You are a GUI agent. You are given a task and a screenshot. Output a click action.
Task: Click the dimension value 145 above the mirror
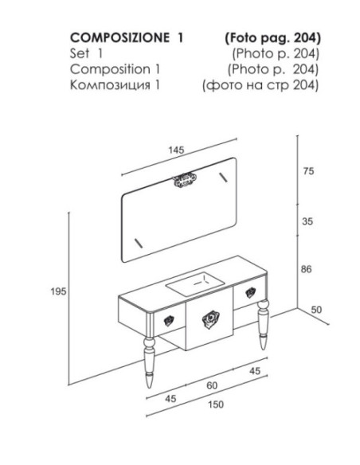(x=177, y=150)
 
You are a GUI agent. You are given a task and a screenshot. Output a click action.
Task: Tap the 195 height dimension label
(x=58, y=291)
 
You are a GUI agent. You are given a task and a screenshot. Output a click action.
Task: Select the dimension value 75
(x=308, y=171)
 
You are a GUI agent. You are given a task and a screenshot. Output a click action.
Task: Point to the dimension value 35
(x=307, y=221)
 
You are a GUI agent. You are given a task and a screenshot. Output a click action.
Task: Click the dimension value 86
(x=307, y=269)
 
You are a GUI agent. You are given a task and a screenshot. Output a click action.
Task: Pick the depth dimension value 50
(x=316, y=310)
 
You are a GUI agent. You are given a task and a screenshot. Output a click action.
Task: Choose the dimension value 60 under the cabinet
(x=212, y=385)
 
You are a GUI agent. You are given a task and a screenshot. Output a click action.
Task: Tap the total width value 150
(x=216, y=404)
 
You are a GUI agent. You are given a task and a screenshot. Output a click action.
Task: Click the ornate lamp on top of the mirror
(x=185, y=180)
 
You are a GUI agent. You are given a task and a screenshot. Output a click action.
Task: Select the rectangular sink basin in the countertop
(x=195, y=284)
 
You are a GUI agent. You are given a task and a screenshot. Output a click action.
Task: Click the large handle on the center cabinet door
(x=211, y=320)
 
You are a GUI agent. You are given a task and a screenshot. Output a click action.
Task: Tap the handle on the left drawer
(x=169, y=321)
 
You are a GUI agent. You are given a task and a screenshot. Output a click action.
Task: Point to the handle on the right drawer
(x=251, y=293)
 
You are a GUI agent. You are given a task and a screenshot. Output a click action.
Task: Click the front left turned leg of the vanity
(x=149, y=362)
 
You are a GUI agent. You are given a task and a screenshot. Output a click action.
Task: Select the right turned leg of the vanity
(x=264, y=325)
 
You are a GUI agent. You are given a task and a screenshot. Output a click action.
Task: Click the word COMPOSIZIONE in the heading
(x=120, y=37)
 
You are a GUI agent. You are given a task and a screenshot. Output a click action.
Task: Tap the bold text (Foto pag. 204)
(x=273, y=38)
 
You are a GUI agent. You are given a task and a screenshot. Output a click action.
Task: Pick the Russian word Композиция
(x=110, y=85)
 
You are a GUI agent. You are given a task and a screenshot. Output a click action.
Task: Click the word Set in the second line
(x=80, y=53)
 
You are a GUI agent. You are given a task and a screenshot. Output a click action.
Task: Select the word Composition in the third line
(x=110, y=69)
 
